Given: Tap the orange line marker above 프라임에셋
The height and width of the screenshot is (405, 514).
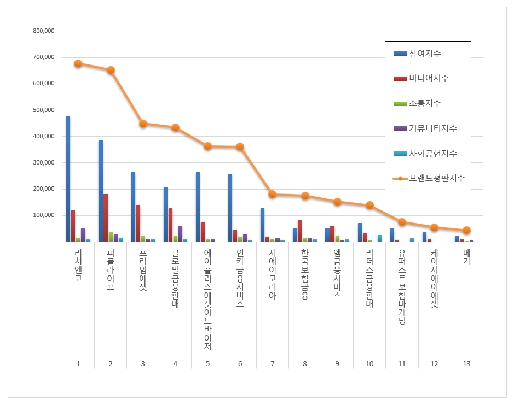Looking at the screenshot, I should (x=143, y=124).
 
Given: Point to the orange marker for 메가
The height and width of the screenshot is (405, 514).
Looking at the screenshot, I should (x=466, y=230).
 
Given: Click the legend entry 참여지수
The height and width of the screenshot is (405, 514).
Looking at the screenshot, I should (x=425, y=54).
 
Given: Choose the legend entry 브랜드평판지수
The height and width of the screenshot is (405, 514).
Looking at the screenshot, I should (x=437, y=178).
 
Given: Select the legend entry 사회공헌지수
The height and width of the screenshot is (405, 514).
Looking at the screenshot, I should (x=432, y=154).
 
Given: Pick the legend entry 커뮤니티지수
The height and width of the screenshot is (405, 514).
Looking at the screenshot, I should (x=432, y=128).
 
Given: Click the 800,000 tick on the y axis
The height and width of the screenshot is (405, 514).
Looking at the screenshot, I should (x=44, y=31).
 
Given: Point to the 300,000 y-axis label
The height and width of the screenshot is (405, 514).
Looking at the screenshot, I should (x=44, y=163).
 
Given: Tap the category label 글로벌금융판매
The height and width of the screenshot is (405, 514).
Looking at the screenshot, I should (x=175, y=279).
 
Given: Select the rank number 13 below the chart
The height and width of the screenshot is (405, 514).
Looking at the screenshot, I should (x=466, y=363).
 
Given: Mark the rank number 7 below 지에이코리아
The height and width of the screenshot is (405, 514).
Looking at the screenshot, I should (x=273, y=363).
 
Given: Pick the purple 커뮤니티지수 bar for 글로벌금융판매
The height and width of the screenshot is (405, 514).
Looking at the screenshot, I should (x=180, y=233).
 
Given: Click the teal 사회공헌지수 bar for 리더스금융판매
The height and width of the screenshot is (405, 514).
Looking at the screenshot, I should (x=379, y=238).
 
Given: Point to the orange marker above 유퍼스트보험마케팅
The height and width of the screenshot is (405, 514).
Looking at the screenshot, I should (x=402, y=222).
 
